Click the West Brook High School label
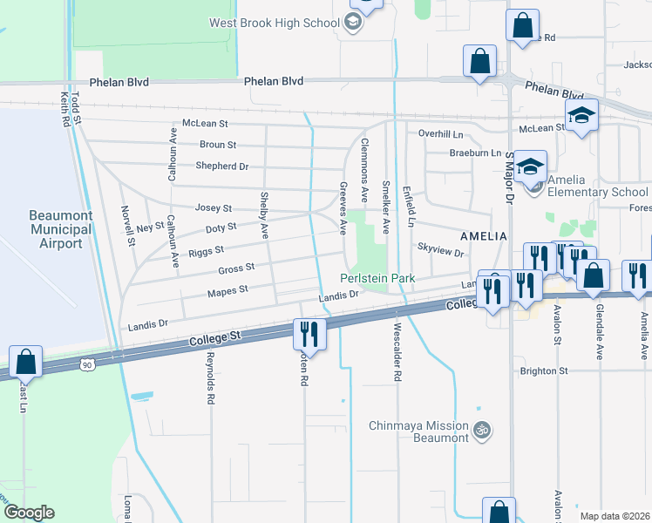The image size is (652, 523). tap(272, 21)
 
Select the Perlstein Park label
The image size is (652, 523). tap(377, 278)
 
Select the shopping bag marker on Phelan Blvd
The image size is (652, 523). tap(479, 62)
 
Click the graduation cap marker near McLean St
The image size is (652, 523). tap(581, 116)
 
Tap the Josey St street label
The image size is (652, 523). tap(214, 208)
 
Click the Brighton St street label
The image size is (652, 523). tap(544, 370)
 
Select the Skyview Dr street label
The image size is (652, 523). tap(440, 249)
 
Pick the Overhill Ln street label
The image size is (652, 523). tap(440, 134)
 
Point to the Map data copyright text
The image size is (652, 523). tap(614, 516)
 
